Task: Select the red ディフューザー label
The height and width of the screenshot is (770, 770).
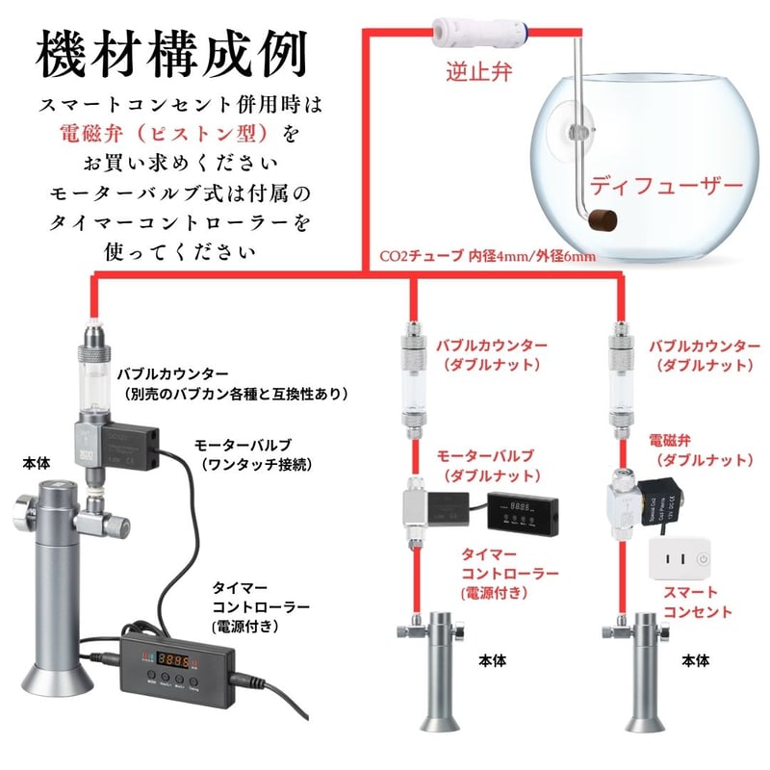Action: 666,184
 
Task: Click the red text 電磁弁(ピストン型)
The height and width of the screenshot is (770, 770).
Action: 171,130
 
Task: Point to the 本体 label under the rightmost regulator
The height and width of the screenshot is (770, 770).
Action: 695,661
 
